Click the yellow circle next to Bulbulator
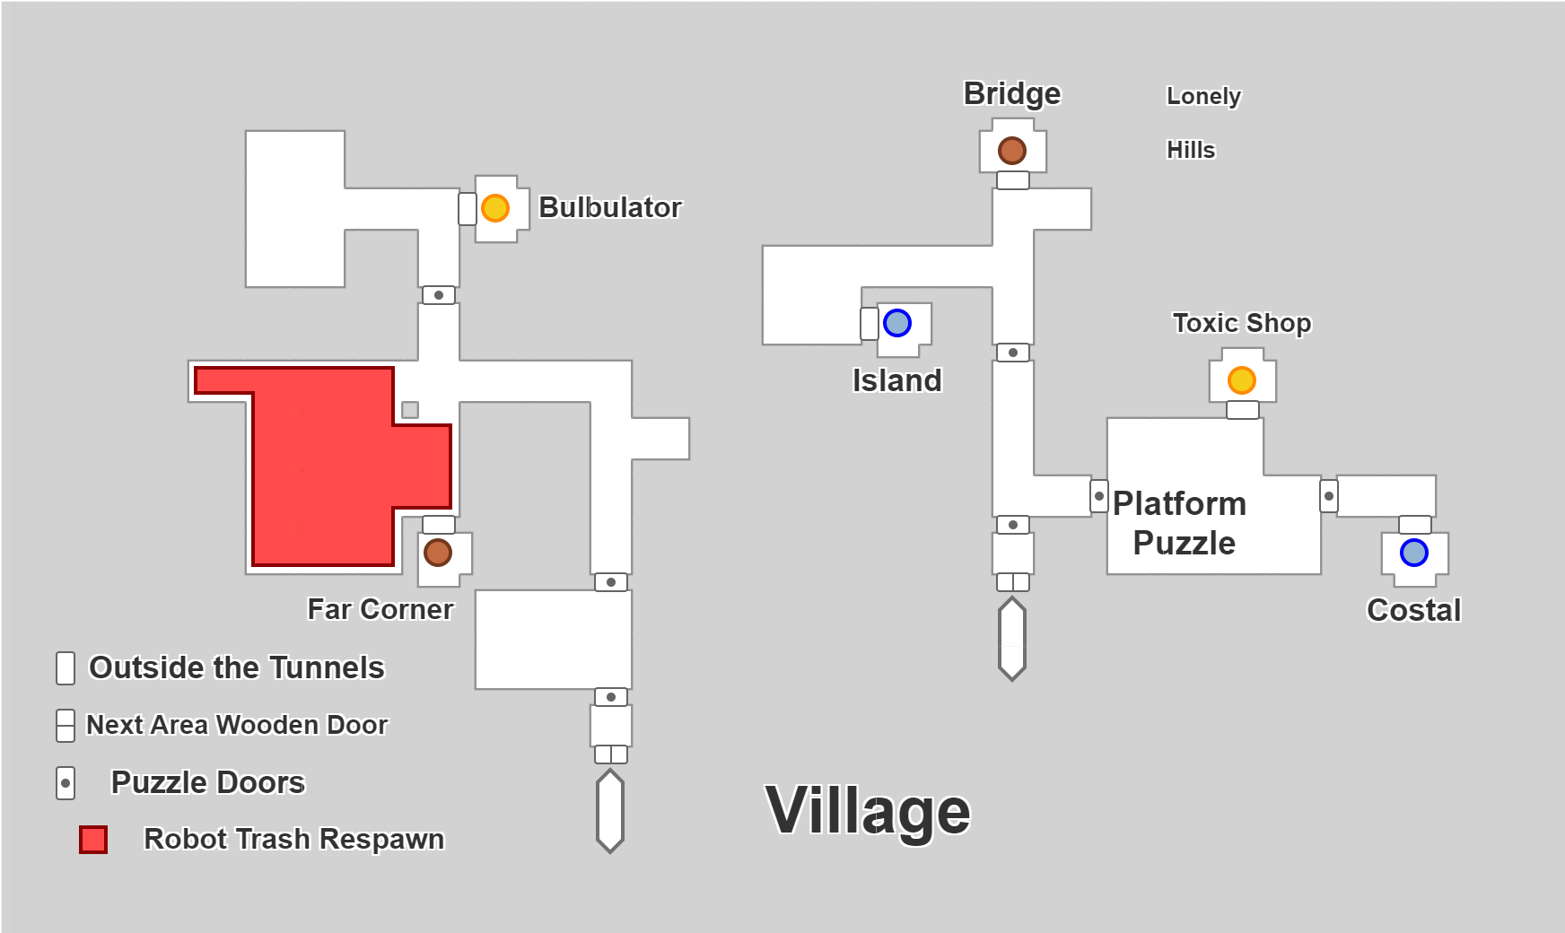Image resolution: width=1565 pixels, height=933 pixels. coord(495,208)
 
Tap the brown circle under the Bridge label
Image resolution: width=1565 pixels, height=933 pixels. coord(1012,151)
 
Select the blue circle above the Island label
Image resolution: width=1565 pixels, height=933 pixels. coord(897,323)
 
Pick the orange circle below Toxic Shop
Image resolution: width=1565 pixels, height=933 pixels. coord(1242,380)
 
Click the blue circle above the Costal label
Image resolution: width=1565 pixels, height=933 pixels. coord(1414,553)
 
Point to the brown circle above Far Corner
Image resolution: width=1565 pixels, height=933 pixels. coord(438,553)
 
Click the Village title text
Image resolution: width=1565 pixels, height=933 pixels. coord(868,811)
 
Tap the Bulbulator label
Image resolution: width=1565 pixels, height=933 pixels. coord(610,208)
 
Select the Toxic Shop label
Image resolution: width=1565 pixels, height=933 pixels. coord(1242,323)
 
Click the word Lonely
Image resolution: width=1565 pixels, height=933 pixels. coord(1203,96)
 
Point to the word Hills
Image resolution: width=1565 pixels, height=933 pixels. coord(1191,150)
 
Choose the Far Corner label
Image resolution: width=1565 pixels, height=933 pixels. coord(380,610)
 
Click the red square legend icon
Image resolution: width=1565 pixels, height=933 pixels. coord(93,840)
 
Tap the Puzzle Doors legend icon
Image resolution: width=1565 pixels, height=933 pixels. coord(66,783)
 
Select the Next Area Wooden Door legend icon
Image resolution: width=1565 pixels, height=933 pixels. coord(66,726)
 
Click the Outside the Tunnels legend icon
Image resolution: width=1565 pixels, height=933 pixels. coord(66,668)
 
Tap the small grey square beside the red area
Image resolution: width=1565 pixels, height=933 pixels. coord(410,410)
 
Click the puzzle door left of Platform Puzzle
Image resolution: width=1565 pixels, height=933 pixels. coord(1099,496)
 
